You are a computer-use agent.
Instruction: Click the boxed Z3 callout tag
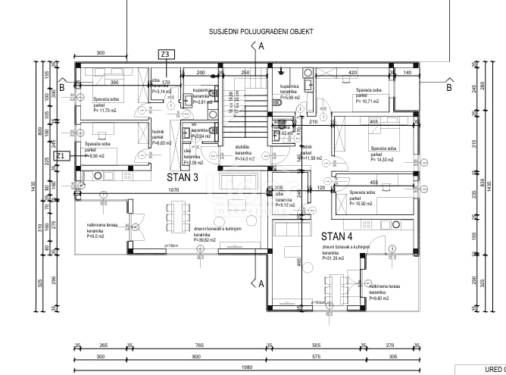point(165,54)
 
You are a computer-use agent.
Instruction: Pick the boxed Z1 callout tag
point(64,156)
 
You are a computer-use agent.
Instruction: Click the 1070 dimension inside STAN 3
point(173,189)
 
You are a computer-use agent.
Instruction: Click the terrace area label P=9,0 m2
point(96,236)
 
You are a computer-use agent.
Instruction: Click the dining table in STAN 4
point(334,286)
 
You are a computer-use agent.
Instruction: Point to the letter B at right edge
point(448,87)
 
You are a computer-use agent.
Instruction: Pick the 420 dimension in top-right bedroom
point(352,73)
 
